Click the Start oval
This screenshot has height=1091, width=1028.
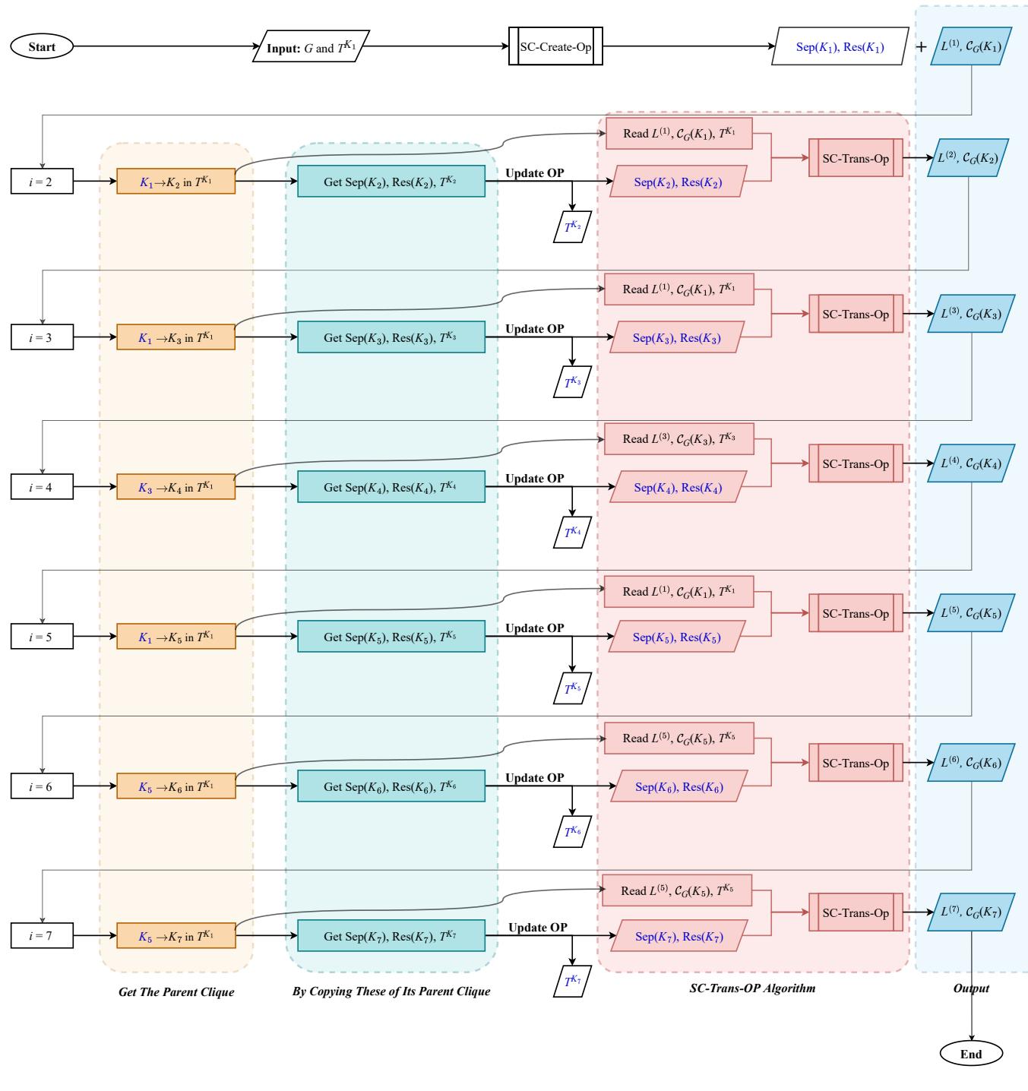[43, 47]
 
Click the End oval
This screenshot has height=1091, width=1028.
[971, 1054]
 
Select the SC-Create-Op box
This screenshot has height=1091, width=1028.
[555, 46]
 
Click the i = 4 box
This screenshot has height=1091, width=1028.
[42, 487]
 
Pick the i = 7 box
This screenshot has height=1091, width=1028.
[42, 936]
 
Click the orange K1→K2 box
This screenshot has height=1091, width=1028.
[176, 182]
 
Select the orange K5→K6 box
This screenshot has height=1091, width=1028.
[176, 786]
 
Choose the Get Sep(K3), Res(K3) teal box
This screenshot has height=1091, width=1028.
[391, 337]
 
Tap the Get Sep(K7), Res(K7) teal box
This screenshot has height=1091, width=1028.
[391, 936]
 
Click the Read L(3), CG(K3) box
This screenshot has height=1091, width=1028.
[678, 439]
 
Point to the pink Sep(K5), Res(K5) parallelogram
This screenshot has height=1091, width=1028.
[678, 637]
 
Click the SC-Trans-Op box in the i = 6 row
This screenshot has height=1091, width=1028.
[856, 763]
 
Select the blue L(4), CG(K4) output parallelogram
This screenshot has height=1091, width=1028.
[971, 463]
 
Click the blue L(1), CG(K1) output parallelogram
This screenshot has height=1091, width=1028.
[971, 46]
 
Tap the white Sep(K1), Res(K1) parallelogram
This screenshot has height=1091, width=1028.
[840, 46]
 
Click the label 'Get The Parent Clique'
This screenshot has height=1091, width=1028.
[176, 991]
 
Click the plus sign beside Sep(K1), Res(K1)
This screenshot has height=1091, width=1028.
[921, 46]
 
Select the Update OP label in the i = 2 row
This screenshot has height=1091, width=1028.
[535, 172]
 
